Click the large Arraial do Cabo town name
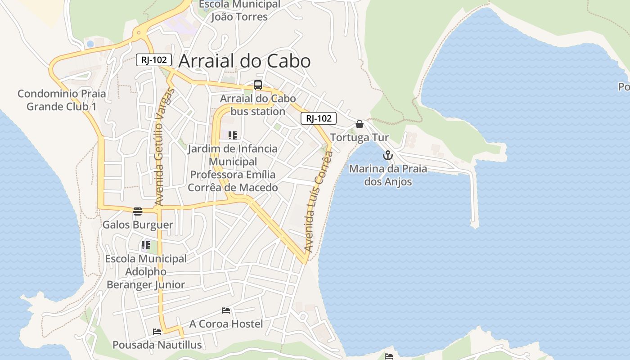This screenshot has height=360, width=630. pos(244,61)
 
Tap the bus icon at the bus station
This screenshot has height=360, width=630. pos(258,85)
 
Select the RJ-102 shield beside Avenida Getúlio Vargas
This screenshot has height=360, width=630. pos(154,60)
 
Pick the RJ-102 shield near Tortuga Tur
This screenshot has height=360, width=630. pos(319,118)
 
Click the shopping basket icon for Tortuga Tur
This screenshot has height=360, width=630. pos(360,124)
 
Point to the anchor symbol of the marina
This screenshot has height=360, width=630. pos(387,156)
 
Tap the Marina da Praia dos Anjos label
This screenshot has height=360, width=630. pos(388,175)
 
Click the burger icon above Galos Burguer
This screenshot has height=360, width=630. pos(138,211)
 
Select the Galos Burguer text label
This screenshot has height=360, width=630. pos(138,225)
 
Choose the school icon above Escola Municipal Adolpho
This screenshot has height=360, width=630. pos(145,245)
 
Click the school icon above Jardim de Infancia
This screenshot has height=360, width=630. pos(232,135)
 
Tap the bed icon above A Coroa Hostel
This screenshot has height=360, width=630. pos(226,310)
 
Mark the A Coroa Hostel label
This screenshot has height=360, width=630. pos(226,324)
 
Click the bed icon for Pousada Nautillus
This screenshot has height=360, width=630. pos(157,332)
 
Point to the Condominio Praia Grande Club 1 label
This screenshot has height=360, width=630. pos(62,100)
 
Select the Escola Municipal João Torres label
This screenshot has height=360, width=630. pos(239,11)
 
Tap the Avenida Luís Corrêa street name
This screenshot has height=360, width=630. pos(319,201)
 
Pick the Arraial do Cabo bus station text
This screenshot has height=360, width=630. pos(258,105)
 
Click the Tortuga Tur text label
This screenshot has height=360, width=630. pos(360,138)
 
